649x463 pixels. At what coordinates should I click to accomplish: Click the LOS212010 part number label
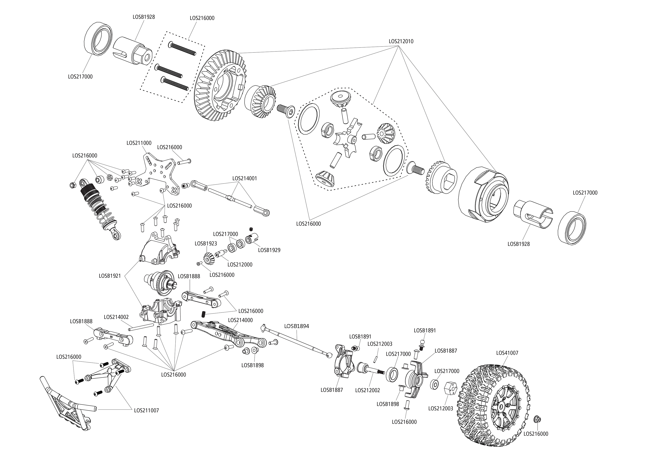click(x=401, y=41)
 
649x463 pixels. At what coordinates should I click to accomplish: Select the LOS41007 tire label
click(x=507, y=353)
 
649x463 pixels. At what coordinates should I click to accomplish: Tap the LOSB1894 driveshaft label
click(x=296, y=326)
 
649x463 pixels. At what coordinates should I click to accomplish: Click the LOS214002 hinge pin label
click(x=116, y=317)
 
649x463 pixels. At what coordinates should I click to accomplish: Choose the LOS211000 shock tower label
click(x=139, y=143)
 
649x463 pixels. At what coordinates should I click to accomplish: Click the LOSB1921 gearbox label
click(x=110, y=276)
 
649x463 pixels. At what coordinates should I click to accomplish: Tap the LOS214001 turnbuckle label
click(x=245, y=178)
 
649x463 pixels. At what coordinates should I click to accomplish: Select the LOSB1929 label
click(x=269, y=250)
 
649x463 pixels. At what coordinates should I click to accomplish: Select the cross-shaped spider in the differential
click(x=348, y=137)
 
